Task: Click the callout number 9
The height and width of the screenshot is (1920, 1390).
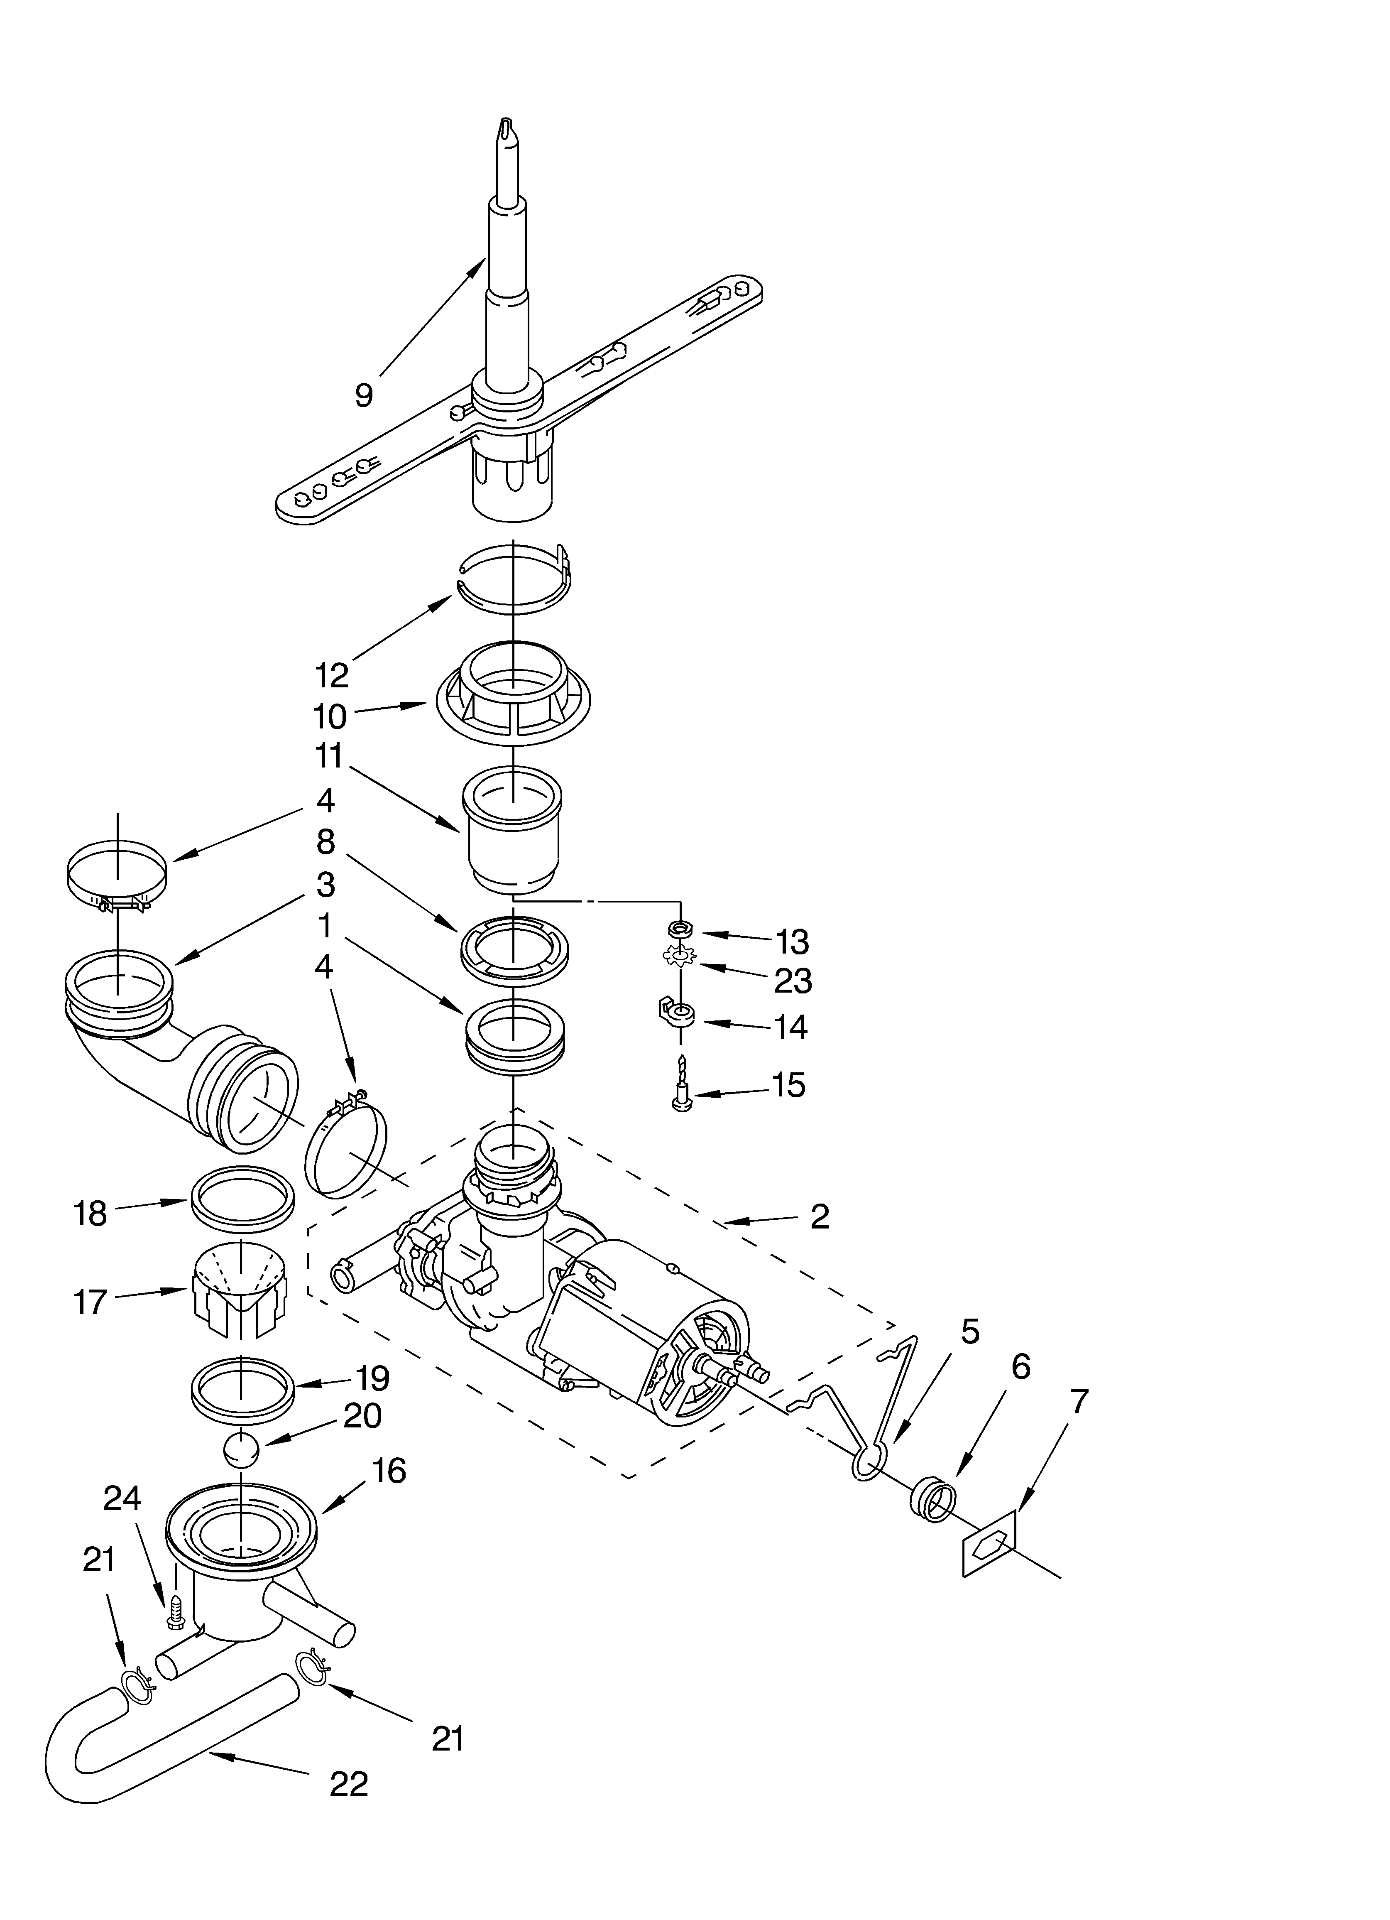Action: point(364,395)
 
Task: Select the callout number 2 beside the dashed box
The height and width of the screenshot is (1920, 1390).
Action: point(820,1216)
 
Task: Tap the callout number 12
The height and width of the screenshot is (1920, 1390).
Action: point(332,675)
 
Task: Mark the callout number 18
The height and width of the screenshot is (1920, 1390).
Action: point(91,1213)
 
